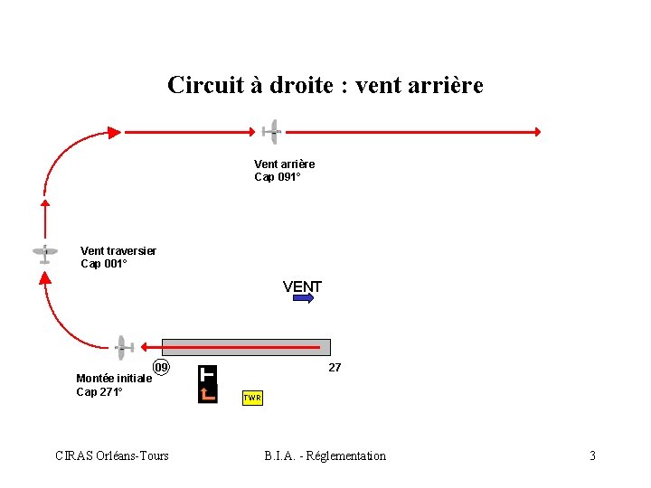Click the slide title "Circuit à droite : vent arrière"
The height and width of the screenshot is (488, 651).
325,85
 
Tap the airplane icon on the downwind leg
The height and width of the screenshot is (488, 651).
272,132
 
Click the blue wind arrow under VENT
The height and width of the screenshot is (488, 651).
303,297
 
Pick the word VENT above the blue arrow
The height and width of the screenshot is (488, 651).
302,286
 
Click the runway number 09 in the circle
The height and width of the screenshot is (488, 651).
161,368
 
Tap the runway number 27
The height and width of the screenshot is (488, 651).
335,368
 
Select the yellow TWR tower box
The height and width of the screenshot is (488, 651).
252,398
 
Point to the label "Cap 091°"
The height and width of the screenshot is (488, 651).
277,177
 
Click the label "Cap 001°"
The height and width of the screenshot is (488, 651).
104,264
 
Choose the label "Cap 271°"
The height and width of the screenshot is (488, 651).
99,392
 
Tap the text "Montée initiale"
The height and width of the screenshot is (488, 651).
114,379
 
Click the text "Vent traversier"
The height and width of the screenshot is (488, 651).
118,250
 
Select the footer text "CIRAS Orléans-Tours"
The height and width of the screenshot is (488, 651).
112,455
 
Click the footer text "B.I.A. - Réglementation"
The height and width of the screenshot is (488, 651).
325,455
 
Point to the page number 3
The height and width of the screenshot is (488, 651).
592,455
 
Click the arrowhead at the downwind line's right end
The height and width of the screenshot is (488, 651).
537,132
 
